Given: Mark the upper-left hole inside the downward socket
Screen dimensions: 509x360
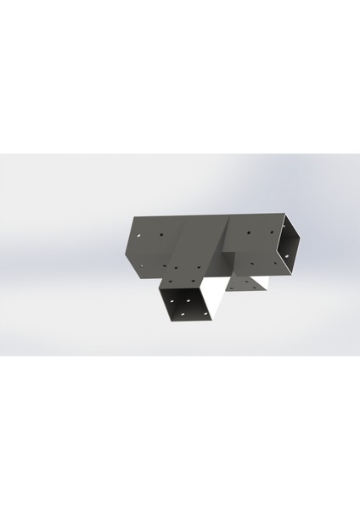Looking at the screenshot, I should click(171, 301).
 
